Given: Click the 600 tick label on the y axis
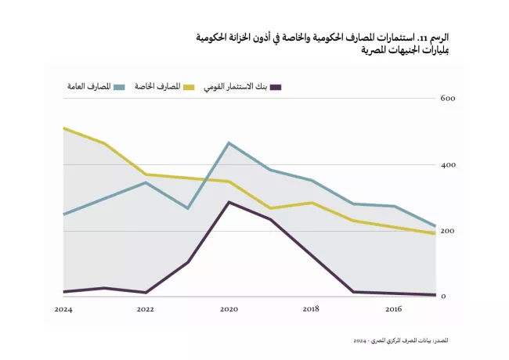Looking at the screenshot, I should point(448,99).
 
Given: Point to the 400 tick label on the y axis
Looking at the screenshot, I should point(448,165).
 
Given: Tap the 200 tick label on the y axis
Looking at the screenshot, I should point(448,231).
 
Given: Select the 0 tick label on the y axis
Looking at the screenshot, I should point(444,297).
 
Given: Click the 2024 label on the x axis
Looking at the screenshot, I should point(63,310).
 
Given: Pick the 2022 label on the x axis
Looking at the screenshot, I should point(145,310).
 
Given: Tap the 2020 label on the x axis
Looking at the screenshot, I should point(228,310).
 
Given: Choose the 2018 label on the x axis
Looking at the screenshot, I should point(311,310).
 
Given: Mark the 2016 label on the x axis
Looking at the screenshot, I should point(393,310).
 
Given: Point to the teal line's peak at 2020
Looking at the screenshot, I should point(228,142).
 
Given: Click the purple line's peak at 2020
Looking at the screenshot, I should point(228,202).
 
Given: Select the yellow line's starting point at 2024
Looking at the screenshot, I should point(63,128).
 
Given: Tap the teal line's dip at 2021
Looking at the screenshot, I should point(187,208).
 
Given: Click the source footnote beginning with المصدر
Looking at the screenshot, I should point(400,341).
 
